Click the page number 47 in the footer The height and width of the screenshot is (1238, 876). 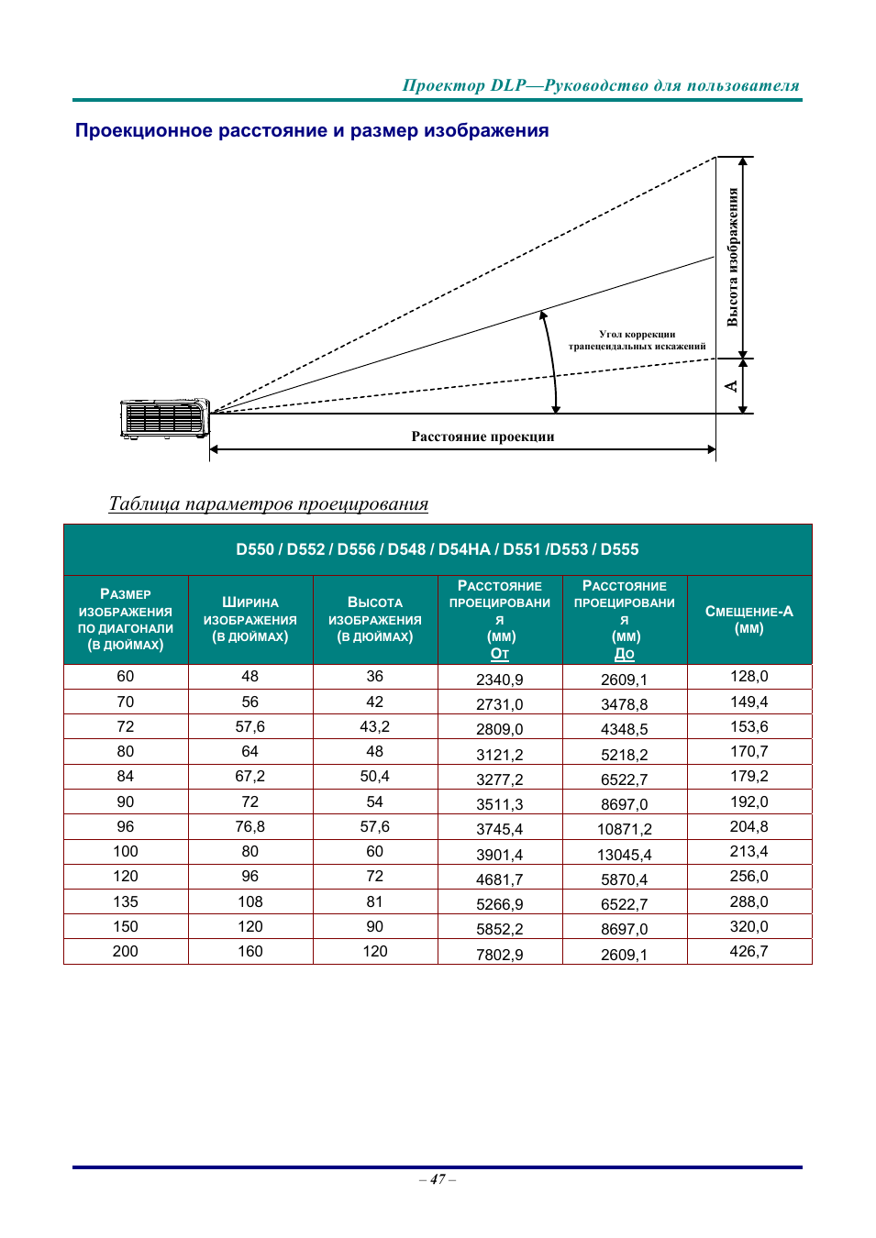pyautogui.click(x=438, y=1179)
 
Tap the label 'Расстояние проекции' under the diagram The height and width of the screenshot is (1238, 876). pyautogui.click(x=482, y=437)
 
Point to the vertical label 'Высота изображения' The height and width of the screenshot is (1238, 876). pyautogui.click(x=732, y=257)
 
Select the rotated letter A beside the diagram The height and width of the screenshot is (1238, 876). pyautogui.click(x=731, y=386)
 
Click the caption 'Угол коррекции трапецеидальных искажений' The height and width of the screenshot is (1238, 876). pyautogui.click(x=637, y=340)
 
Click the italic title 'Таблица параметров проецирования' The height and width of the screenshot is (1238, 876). pyautogui.click(x=268, y=503)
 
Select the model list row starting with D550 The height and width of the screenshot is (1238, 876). pyautogui.click(x=437, y=549)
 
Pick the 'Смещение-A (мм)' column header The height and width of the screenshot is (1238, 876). pyautogui.click(x=748, y=620)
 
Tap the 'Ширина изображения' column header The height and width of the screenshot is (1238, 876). pyautogui.click(x=249, y=619)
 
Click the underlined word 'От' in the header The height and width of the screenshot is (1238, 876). pyautogui.click(x=499, y=654)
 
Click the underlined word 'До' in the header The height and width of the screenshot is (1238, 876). pyautogui.click(x=624, y=654)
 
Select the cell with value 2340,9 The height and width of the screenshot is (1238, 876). pyautogui.click(x=499, y=680)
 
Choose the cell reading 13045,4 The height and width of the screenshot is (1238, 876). pyautogui.click(x=624, y=855)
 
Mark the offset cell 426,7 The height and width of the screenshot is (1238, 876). pyautogui.click(x=748, y=952)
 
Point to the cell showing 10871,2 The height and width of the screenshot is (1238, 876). pyautogui.click(x=624, y=829)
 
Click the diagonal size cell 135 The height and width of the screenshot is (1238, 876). pyautogui.click(x=126, y=901)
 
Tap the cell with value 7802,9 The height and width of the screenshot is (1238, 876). pyautogui.click(x=499, y=955)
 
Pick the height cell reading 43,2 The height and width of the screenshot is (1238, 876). pyautogui.click(x=374, y=726)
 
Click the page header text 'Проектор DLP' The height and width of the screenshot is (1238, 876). pyautogui.click(x=464, y=85)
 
